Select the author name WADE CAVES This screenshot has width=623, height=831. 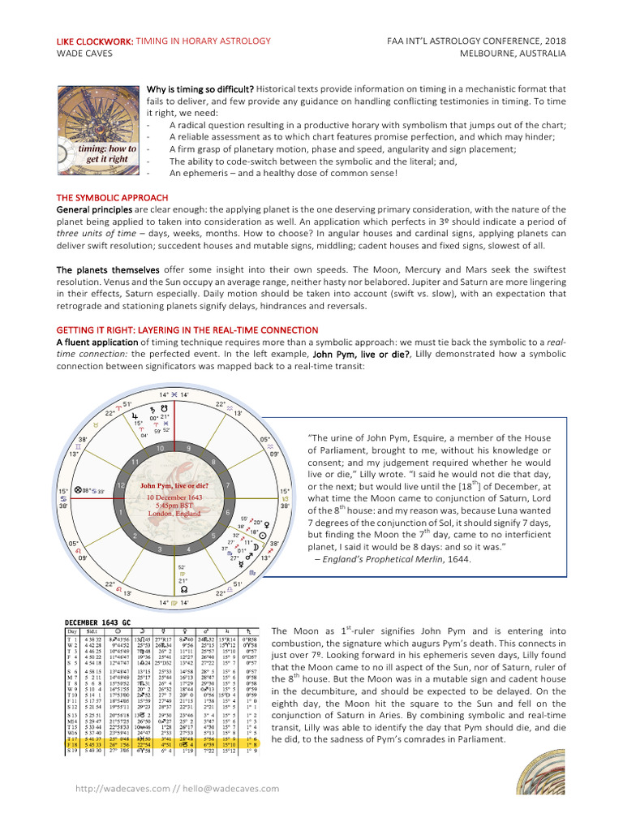[x=84, y=54]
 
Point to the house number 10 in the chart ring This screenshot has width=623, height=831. [x=160, y=448]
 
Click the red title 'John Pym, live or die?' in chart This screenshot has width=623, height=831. [x=174, y=485]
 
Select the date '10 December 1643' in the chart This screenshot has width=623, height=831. [x=174, y=496]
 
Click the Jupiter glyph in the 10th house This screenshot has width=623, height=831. [x=136, y=414]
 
